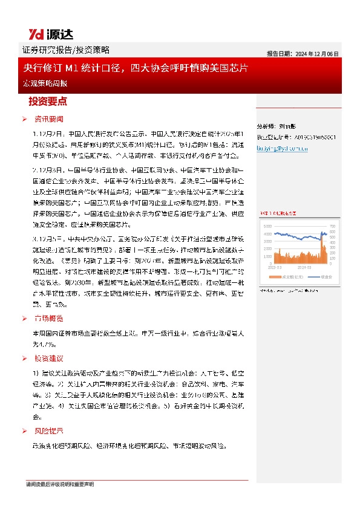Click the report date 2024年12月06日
303,53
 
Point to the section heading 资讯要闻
48,118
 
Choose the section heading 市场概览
48,319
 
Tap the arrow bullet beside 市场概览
24,319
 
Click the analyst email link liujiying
283,147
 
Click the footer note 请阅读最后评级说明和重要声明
60,485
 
